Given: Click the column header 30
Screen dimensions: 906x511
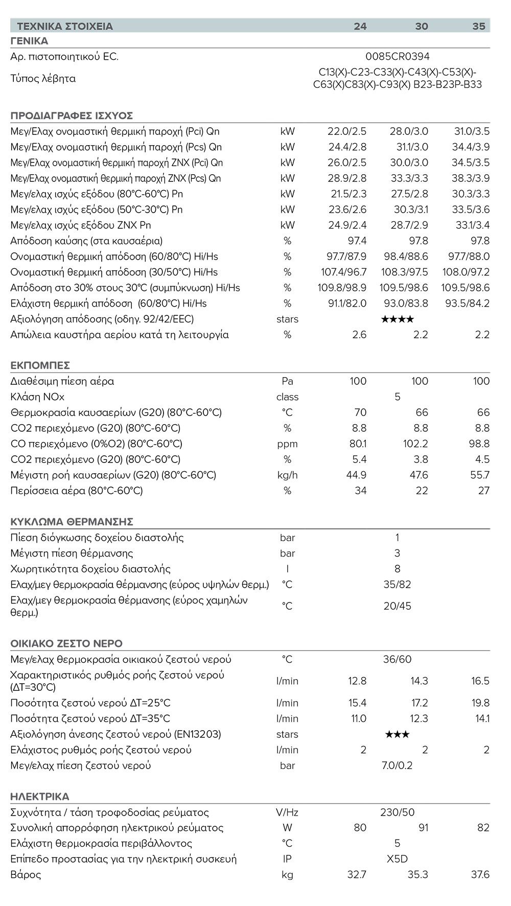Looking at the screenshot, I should pos(421,26).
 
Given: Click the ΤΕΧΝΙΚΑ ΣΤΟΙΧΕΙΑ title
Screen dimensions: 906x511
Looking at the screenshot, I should pos(65,26).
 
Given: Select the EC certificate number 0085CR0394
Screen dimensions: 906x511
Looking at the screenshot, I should pos(398,57).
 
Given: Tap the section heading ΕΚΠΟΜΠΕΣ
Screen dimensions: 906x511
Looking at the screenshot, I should pos(40,365).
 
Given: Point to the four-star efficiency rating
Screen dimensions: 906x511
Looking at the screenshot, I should pos(398,319).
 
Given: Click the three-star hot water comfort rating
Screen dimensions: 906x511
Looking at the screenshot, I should pos(397,734).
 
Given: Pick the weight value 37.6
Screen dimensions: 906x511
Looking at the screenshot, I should pos(480,874).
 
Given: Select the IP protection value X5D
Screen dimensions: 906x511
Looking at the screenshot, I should pos(397,859).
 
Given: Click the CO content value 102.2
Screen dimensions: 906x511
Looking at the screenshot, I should pos(415,444).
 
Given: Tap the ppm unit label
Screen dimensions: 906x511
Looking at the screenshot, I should pos(287,444).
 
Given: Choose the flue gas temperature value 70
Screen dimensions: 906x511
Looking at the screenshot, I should pos(360,412).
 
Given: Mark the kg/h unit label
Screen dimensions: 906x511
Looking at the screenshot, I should pos(287,475).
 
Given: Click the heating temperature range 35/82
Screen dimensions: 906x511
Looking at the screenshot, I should pos(397,584).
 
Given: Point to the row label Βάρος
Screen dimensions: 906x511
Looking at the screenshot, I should pos(26,874).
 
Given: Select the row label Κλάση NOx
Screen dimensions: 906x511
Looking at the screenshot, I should pos(37,397).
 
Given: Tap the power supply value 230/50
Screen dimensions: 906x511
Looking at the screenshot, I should pos(397,812).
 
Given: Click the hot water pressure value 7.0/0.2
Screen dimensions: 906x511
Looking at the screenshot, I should pos(397,765).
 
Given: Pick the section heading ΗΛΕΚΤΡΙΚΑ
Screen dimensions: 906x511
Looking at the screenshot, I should pos(40,797).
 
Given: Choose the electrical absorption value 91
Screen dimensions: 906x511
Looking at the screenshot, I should pos(423,828).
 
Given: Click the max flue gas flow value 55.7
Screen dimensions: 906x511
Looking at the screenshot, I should pos(480,475).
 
